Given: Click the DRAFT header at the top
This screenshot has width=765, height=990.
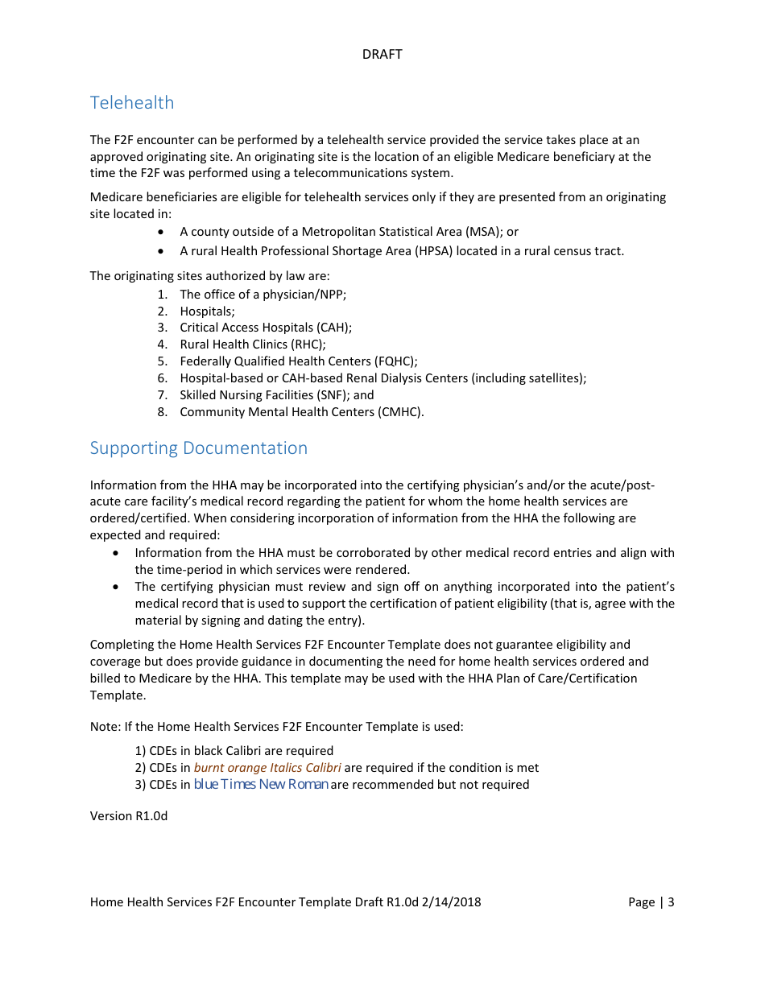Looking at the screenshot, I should tap(382, 54).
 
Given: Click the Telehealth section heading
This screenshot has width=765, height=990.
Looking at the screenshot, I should tap(132, 103).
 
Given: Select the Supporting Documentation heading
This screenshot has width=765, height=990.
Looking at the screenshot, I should tap(198, 448).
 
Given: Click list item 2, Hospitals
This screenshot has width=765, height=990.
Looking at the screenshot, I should tap(207, 311).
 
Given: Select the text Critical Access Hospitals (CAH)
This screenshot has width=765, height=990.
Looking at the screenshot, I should tap(265, 328).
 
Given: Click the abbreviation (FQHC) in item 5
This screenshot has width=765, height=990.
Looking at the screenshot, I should tap(395, 361).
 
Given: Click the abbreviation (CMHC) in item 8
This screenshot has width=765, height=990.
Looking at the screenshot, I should tap(399, 412).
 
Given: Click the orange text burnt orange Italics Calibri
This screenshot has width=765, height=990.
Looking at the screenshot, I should tap(267, 768).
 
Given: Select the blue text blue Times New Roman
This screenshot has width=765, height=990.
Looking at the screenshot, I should tap(261, 785).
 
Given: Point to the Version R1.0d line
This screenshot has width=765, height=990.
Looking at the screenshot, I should tap(128, 816).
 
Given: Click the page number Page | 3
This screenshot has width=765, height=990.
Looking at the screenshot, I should tap(651, 902).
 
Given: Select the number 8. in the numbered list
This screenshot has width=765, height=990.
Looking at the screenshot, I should tap(162, 412).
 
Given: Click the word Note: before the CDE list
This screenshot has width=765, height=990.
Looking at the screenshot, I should tap(105, 727).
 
